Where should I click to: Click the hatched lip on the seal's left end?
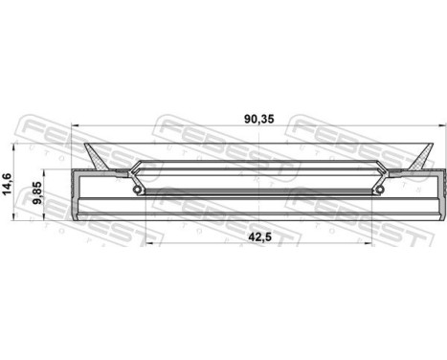click(97, 153)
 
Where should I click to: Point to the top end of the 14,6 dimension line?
click(22, 145)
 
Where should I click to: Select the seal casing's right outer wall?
click(438, 196)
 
